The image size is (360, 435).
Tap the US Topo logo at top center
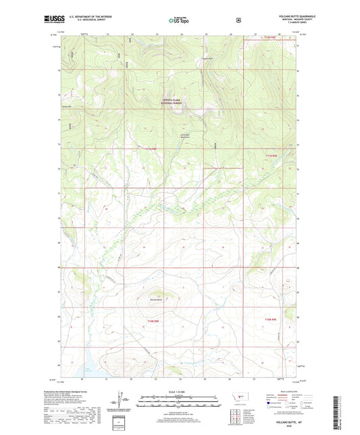point(179,20)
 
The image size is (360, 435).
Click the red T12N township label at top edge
point(270,38)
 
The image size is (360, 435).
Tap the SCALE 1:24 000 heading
point(180,392)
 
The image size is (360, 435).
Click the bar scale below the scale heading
point(180,400)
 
